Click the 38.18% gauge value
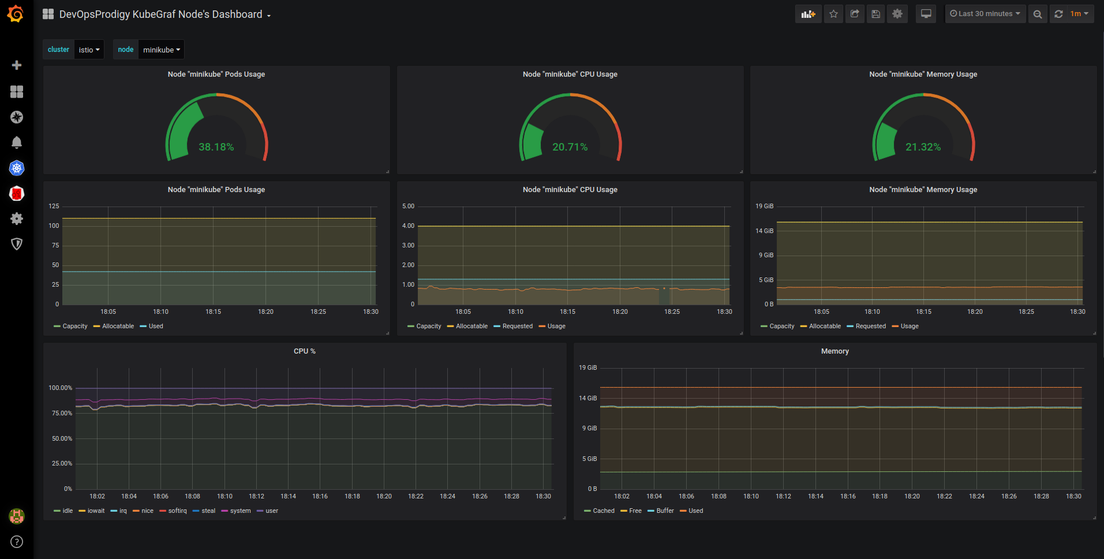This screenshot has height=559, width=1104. click(216, 147)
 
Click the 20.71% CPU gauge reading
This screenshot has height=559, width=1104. click(570, 147)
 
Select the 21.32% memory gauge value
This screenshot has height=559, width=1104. click(923, 147)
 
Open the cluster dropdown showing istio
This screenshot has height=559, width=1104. click(89, 50)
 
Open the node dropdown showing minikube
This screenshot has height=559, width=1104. click(161, 50)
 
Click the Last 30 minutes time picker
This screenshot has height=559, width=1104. click(985, 14)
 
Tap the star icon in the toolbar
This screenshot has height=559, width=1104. click(833, 14)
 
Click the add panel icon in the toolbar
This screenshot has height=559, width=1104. click(808, 14)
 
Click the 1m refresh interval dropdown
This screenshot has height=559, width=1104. click(1079, 14)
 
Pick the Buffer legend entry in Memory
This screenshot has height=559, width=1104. click(665, 511)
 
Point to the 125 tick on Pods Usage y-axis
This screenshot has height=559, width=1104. click(54, 206)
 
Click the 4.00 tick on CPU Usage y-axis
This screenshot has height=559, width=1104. click(408, 226)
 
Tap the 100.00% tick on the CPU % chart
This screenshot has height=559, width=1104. click(61, 388)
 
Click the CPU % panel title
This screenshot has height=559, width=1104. click(304, 351)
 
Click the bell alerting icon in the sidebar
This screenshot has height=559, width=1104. click(17, 142)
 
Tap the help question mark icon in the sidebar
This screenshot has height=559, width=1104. click(17, 542)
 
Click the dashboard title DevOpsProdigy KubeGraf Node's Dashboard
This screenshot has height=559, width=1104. click(161, 14)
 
